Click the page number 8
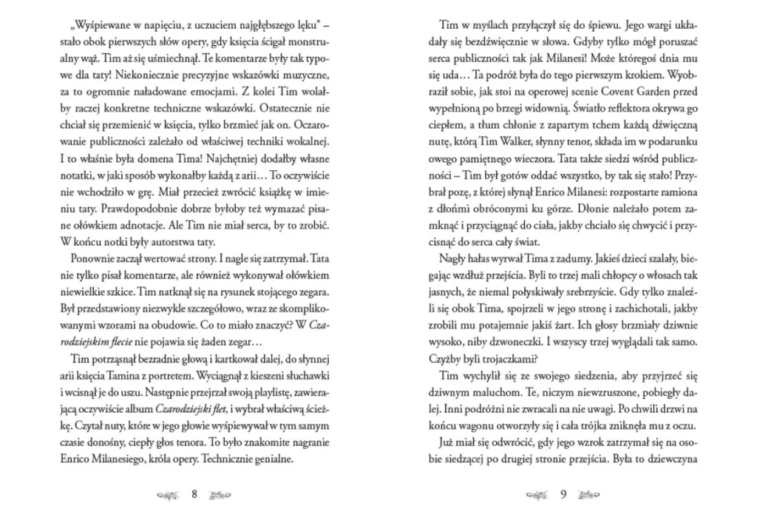(194, 494)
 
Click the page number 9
(563, 494)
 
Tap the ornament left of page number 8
(169, 494)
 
